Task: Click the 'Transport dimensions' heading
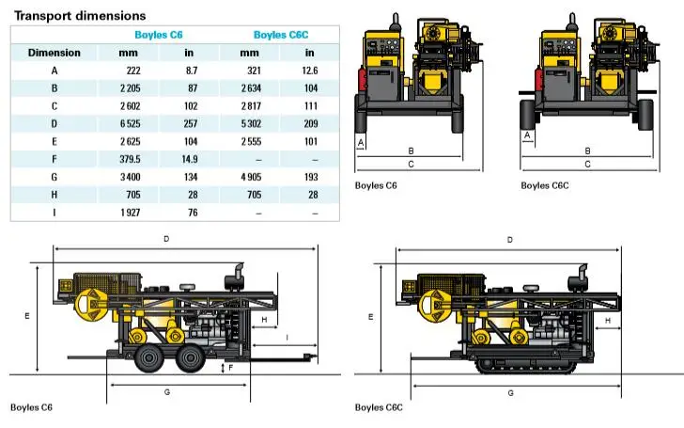[x=80, y=16]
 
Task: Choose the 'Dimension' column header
[x=54, y=53]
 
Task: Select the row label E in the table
[x=54, y=142]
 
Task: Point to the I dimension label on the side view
[x=287, y=338]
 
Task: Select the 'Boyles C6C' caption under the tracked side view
[x=379, y=407]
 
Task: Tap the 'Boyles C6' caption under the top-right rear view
[x=376, y=185]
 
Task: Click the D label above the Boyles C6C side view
[x=509, y=241]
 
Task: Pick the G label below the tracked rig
[x=509, y=391]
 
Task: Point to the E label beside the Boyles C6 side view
[x=26, y=317]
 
